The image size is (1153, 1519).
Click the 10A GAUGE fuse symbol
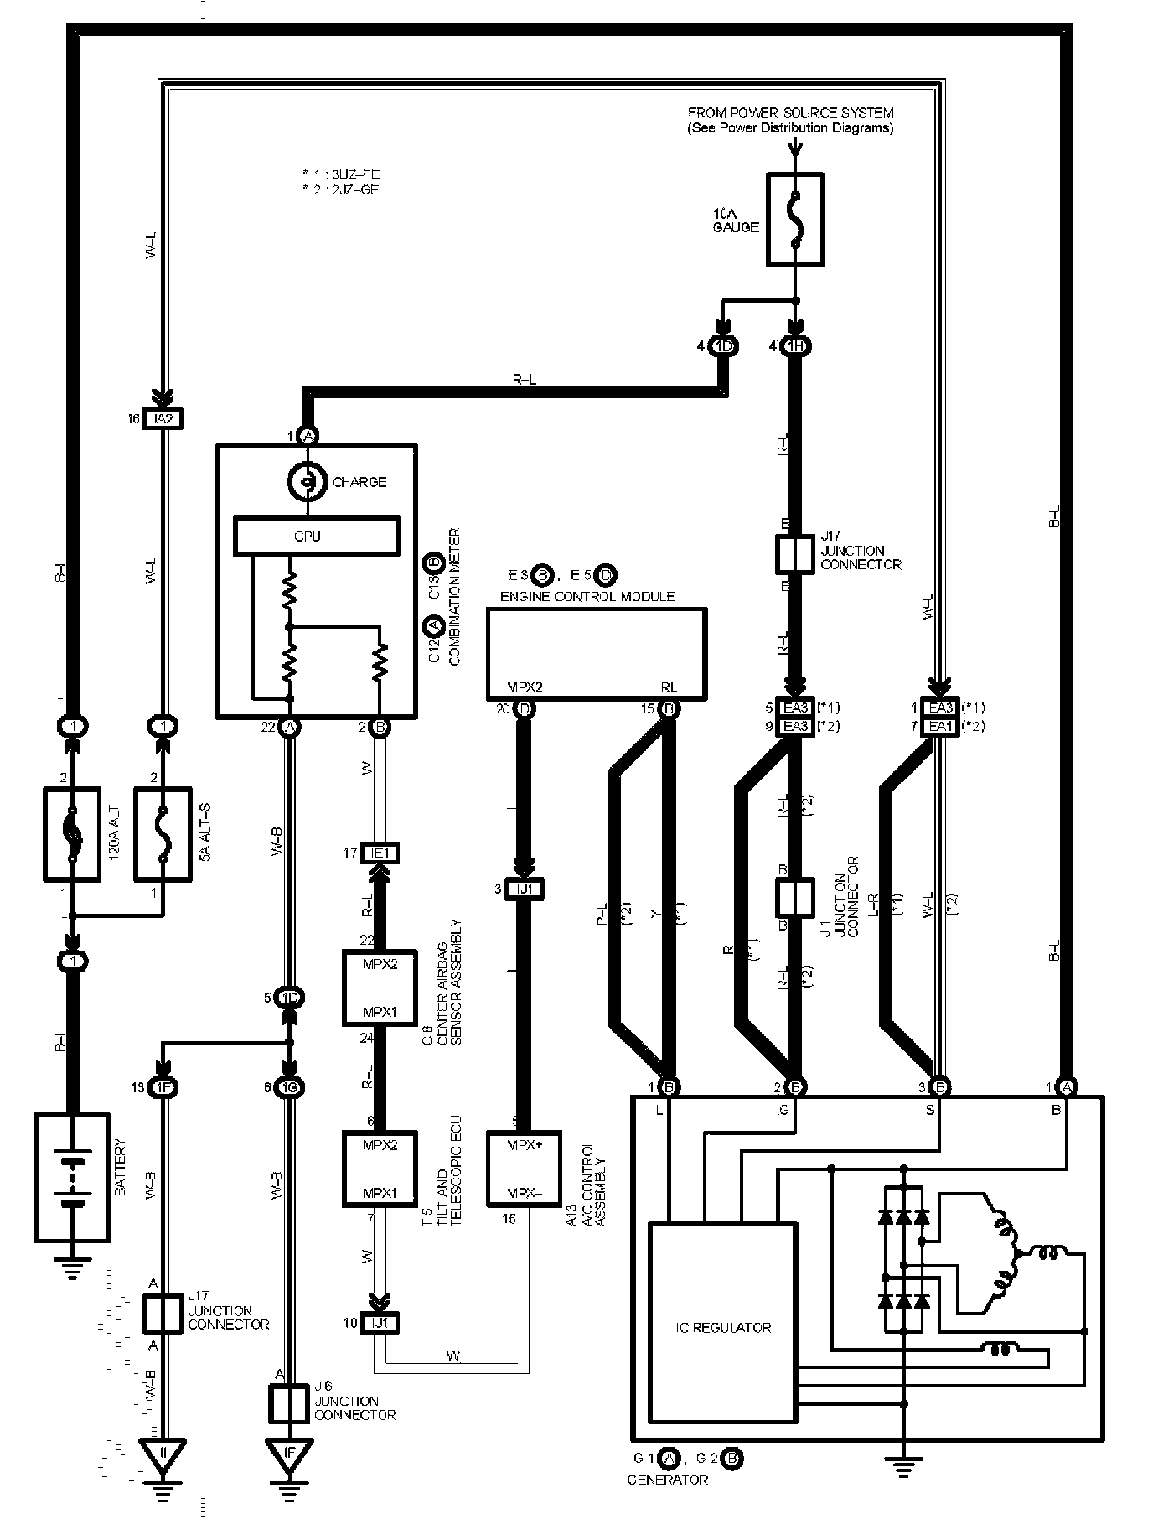795,220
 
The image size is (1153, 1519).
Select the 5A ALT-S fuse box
163,833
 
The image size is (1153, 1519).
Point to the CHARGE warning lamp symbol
308,482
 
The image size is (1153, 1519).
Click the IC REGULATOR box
723,1327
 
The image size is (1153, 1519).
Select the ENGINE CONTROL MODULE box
597,653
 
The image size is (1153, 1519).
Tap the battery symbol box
73,1177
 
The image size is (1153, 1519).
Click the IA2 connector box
163,418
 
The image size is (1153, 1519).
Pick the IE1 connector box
380,853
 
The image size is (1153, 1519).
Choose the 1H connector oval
795,346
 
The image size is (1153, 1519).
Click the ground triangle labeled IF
289,1459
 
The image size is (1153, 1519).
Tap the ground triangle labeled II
163,1459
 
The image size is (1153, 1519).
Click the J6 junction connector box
289,1403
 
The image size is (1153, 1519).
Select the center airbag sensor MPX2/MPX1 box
380,988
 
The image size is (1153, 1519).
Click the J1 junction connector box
795,897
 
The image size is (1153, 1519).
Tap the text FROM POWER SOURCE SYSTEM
790,112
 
